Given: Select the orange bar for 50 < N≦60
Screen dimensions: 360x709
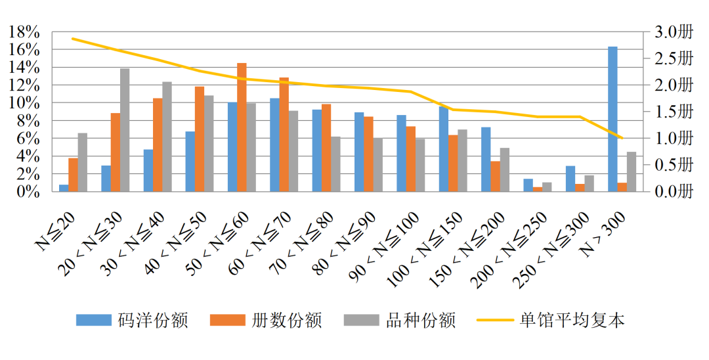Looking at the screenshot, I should point(242,127).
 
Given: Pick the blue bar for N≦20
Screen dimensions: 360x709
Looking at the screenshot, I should point(64,188).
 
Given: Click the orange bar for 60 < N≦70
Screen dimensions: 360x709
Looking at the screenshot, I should point(284,135).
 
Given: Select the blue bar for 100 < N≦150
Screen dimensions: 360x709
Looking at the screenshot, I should point(444,149).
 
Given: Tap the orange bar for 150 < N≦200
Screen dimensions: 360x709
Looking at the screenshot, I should point(495,176).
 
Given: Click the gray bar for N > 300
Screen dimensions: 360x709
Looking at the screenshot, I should point(632,171).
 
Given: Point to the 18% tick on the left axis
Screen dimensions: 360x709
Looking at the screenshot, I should point(24,32).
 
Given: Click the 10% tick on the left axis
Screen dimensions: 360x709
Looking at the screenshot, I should point(24,103).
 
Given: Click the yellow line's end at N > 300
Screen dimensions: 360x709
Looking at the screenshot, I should point(622,138).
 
